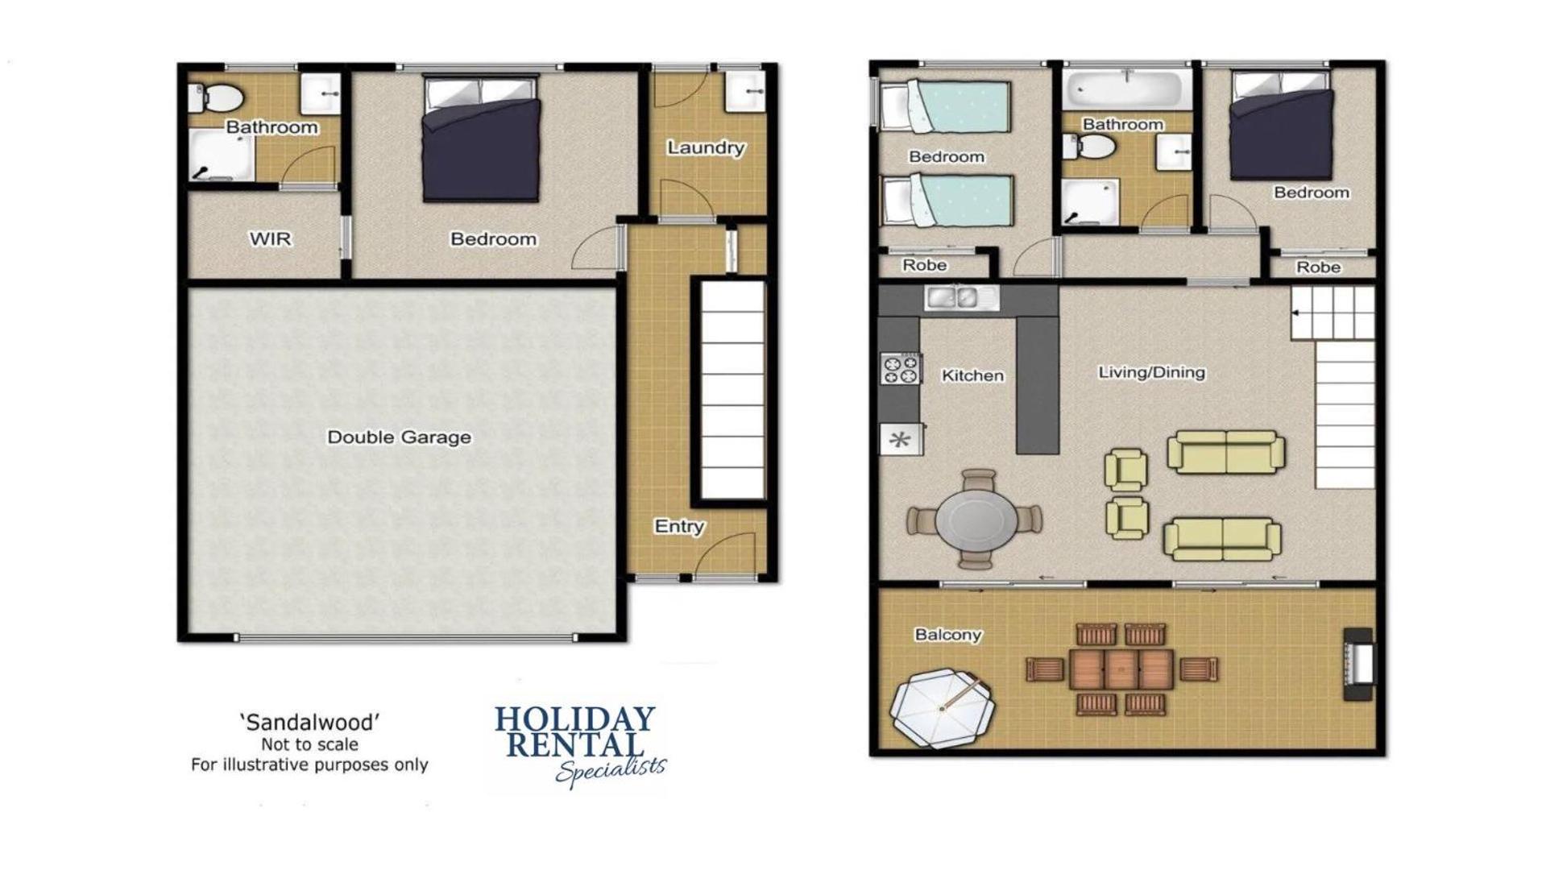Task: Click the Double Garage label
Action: pos(399,437)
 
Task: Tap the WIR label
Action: pos(270,239)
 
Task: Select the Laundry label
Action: pos(706,148)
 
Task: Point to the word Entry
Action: pos(679,527)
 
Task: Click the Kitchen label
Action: pos(972,375)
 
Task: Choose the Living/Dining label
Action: pos(1151,372)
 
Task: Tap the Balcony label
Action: pos(948,635)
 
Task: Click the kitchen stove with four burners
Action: pos(901,369)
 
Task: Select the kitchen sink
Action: pos(962,298)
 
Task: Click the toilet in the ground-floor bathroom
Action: pos(216,98)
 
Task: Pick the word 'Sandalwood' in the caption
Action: pos(309,723)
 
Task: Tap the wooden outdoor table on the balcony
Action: pos(1121,669)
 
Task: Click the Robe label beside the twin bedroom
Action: pos(924,265)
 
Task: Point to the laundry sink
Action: pos(744,91)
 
